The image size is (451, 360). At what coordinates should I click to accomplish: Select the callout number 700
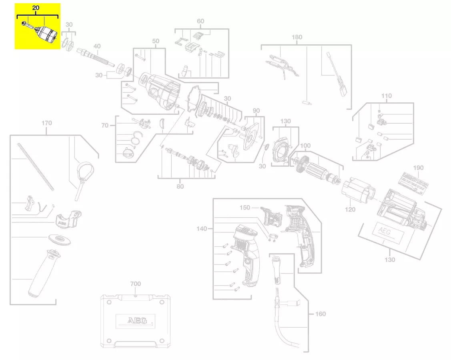136,284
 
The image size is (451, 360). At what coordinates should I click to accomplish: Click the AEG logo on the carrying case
134,320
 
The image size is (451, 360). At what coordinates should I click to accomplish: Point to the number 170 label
46,123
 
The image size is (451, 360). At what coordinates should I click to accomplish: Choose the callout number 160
320,314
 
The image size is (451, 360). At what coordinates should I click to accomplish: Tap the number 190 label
418,168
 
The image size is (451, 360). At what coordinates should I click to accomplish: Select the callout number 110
386,96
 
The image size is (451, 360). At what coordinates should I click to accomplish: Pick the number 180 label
297,37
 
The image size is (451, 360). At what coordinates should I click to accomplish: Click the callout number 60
200,21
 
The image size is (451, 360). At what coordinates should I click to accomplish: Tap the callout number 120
350,209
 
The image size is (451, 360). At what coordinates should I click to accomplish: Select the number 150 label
245,208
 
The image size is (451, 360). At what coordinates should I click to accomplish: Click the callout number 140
202,229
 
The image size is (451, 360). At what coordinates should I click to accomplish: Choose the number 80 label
180,186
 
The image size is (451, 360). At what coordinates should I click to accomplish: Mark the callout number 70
105,126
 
